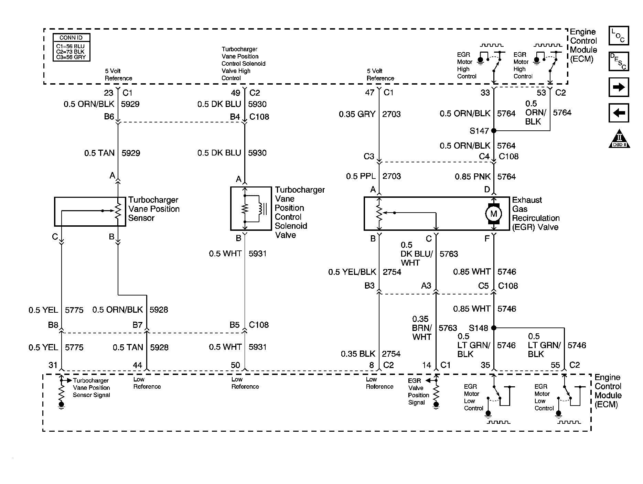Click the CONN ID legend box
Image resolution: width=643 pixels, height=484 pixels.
pyautogui.click(x=72, y=47)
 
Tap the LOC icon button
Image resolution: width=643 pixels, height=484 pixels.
pyautogui.click(x=619, y=36)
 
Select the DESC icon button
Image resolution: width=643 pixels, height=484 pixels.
pyautogui.click(x=619, y=62)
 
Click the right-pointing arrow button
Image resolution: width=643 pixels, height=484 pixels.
pyautogui.click(x=619, y=87)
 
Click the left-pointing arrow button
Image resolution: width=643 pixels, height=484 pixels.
pyautogui.click(x=619, y=113)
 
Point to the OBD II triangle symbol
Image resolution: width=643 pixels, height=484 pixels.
pyautogui.click(x=619, y=139)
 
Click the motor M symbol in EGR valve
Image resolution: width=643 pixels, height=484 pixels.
pyautogui.click(x=493, y=214)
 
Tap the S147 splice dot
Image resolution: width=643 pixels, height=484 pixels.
pyautogui.click(x=494, y=131)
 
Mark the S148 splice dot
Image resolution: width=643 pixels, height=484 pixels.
pyautogui.click(x=494, y=328)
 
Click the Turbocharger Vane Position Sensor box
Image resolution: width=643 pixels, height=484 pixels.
pyautogui.click(x=90, y=212)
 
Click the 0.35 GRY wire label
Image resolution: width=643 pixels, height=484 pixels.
pyautogui.click(x=357, y=114)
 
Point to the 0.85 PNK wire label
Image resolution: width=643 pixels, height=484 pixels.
pyautogui.click(x=472, y=177)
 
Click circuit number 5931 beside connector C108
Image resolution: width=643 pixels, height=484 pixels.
pyautogui.click(x=258, y=347)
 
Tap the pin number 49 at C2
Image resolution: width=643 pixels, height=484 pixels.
pyautogui.click(x=236, y=93)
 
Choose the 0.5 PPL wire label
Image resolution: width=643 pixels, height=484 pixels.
pyautogui.click(x=361, y=176)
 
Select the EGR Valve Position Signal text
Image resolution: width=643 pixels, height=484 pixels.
pyautogui.click(x=418, y=391)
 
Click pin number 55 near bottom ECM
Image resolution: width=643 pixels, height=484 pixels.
pyautogui.click(x=555, y=365)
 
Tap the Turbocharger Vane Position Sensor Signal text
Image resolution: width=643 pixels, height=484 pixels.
pyautogui.click(x=91, y=388)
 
